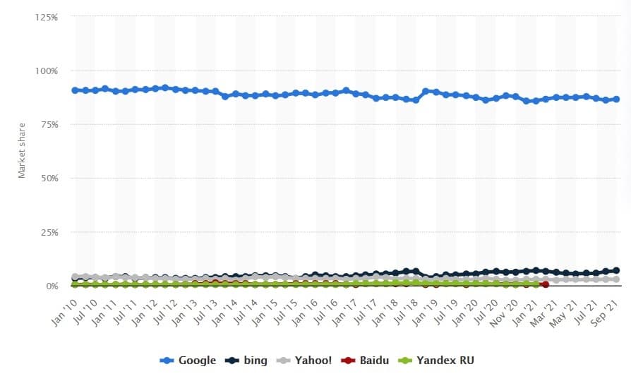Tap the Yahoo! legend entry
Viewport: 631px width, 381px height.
305,361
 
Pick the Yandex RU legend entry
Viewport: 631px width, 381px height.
438,361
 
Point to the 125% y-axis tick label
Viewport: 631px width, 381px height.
45,16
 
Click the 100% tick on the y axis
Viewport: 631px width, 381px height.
45,71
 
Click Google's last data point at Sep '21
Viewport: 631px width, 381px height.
616,99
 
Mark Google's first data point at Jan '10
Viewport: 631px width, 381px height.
75,90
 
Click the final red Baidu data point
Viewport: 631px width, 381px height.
546,284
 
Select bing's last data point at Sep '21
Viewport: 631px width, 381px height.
616,270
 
